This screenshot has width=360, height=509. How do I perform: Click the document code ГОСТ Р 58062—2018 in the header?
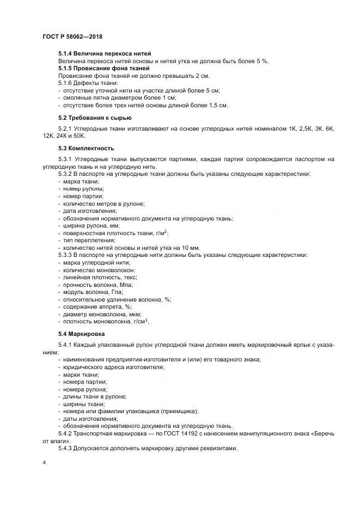(72, 36)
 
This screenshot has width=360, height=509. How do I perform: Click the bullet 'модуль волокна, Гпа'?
(93, 292)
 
